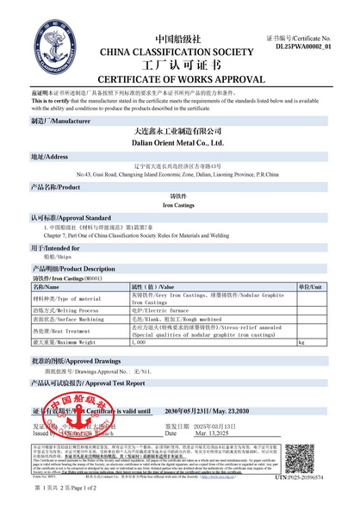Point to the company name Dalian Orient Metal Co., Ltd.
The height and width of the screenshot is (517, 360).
tap(179, 142)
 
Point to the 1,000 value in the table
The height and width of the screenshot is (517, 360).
tap(138, 342)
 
